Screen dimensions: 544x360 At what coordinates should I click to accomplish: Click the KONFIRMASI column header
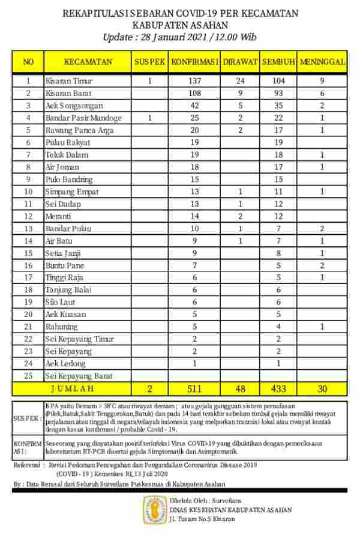(194, 61)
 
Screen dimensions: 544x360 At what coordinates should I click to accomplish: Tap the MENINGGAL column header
(322, 61)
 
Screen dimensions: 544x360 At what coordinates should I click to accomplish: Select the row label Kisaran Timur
(69, 80)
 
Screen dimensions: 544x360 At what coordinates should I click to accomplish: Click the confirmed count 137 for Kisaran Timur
(194, 80)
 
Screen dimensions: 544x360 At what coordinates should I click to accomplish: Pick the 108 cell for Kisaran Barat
(194, 93)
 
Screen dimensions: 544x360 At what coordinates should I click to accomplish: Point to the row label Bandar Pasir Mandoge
(83, 118)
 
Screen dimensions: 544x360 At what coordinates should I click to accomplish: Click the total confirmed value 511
(194, 388)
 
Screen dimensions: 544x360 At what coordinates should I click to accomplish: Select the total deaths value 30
(322, 388)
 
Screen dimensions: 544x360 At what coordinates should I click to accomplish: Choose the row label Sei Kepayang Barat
(79, 376)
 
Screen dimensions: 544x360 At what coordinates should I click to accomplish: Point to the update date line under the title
(179, 37)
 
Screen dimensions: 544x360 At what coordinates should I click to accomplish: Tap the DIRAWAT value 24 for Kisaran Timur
(240, 80)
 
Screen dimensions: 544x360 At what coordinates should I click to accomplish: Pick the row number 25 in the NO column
(28, 376)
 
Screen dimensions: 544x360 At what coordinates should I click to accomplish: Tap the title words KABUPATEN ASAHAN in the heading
(179, 25)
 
